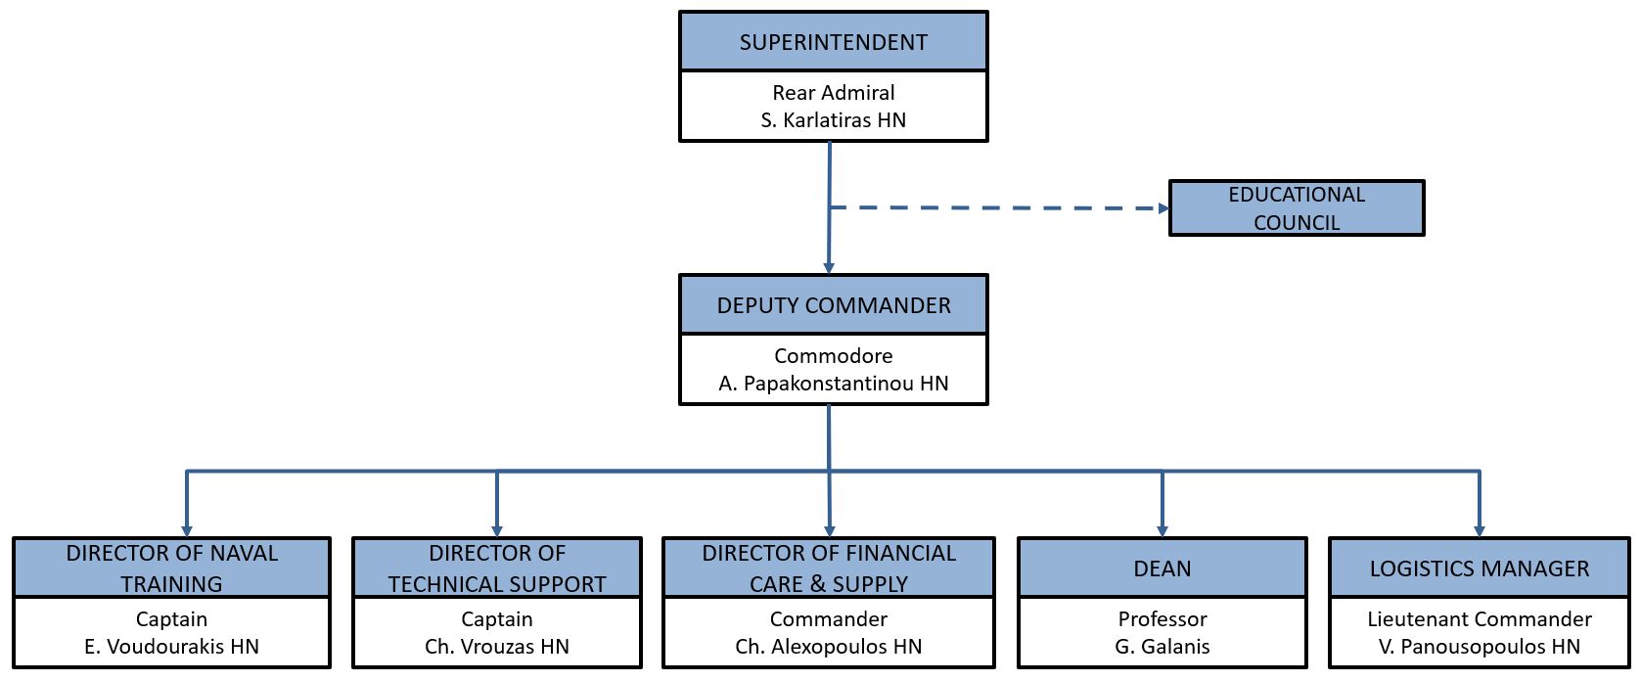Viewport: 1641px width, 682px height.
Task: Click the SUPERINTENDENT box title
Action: pos(833,42)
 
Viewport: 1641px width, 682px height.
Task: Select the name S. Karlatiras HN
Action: pos(833,120)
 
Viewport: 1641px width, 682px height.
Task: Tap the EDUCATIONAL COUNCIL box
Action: pos(1296,208)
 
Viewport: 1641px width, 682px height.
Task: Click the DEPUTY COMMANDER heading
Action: pos(833,305)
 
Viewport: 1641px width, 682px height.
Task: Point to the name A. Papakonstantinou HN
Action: pos(833,384)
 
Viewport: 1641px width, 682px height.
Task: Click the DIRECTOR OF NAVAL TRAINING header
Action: pos(171,568)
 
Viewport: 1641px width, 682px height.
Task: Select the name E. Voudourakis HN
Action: pos(171,646)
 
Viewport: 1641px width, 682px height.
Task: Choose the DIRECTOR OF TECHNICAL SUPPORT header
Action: pos(497,568)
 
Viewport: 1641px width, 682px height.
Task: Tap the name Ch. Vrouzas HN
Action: pos(497,646)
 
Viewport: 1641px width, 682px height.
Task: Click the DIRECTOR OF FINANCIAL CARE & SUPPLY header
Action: pos(829,568)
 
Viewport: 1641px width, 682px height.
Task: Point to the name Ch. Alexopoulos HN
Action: pos(829,646)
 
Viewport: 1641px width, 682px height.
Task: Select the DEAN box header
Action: pos(1162,568)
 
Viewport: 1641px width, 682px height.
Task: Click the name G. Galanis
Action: pos(1162,646)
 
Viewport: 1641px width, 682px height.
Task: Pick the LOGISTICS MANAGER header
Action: pos(1480,568)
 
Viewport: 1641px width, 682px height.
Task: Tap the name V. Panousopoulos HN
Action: pos(1480,646)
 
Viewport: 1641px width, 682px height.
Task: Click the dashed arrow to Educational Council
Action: pos(999,208)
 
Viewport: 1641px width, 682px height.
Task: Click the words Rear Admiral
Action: pos(833,92)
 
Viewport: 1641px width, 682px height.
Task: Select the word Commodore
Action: pos(833,355)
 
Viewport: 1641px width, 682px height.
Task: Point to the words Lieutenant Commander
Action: pos(1480,619)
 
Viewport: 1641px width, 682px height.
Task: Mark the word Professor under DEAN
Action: pos(1162,619)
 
